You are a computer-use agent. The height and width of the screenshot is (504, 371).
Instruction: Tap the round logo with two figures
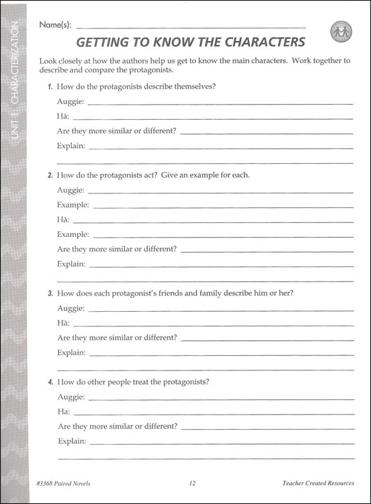tap(341, 31)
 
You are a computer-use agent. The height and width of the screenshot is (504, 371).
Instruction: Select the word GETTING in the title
tap(104, 42)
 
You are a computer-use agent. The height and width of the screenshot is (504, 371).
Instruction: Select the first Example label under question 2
tap(72, 205)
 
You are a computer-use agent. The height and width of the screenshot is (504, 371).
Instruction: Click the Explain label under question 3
tap(71, 353)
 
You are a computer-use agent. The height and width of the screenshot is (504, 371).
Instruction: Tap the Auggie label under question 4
tap(71, 397)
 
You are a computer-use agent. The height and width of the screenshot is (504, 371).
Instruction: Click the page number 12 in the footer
tap(192, 484)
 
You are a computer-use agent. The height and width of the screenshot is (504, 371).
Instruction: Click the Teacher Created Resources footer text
tap(318, 484)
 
